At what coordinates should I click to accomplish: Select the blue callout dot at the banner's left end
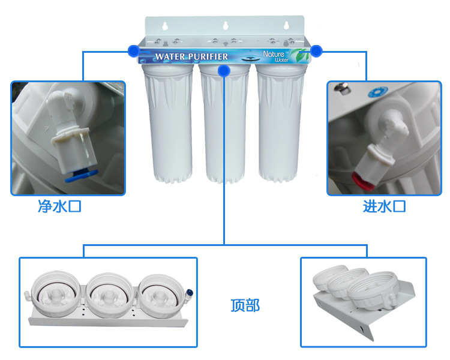[133, 51]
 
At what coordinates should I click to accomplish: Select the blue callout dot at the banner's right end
[316, 51]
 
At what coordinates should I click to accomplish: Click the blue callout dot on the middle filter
[224, 71]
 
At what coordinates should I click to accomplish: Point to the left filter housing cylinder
[168, 123]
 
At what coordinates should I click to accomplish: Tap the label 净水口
[59, 206]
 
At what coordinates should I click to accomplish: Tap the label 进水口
[384, 206]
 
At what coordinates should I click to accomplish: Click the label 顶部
[245, 305]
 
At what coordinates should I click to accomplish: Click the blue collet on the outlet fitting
[81, 175]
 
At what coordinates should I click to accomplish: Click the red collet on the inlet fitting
[362, 181]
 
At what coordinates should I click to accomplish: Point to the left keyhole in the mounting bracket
[165, 26]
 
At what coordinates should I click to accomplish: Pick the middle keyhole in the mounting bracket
[225, 26]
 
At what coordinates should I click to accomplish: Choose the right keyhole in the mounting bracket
[286, 25]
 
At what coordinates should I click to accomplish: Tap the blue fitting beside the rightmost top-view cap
[190, 293]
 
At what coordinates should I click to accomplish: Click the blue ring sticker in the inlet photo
[377, 92]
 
